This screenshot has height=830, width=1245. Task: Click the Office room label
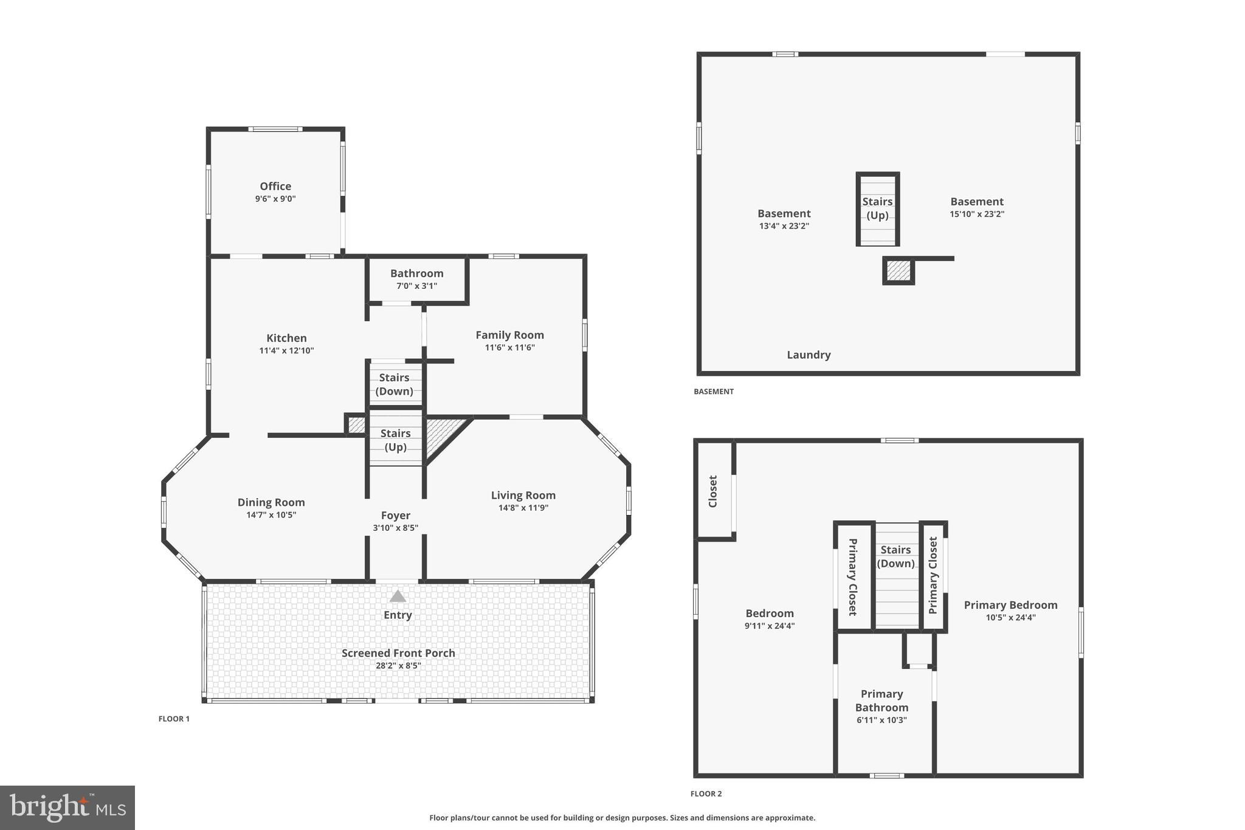point(275,186)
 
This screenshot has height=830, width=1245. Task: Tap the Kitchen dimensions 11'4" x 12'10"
point(286,351)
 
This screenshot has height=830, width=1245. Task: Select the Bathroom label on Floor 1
point(416,274)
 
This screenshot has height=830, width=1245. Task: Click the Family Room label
point(509,335)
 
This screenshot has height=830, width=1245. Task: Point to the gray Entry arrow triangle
point(398,597)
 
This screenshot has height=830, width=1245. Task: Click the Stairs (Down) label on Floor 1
point(394,384)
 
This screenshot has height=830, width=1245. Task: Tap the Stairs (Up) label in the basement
point(877,208)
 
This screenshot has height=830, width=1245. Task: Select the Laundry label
point(809,355)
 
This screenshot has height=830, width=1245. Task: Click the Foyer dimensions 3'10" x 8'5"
point(395,528)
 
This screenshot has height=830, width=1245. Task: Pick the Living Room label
point(523,496)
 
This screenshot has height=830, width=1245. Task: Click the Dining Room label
point(271,502)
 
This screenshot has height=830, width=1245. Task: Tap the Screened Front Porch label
point(398,653)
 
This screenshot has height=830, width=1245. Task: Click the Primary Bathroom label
point(881,700)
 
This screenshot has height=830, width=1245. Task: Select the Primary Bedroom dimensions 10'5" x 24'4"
point(1010,618)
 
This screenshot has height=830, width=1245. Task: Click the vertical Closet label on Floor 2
point(713,491)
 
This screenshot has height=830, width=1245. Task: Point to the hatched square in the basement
point(898,271)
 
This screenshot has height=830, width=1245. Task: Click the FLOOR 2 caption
point(706,794)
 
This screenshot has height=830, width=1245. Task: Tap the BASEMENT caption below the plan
point(714,392)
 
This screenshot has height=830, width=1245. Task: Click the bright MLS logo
point(67,807)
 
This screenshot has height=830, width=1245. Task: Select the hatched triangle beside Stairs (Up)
point(441,433)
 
